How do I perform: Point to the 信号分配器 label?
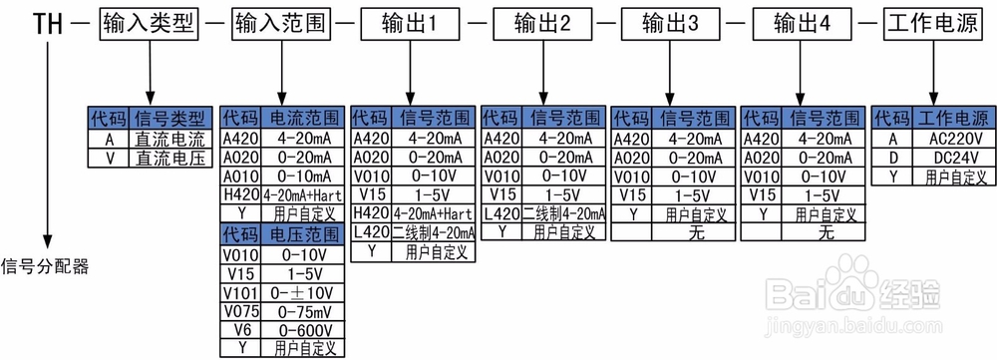(45, 266)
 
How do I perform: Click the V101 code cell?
(239, 292)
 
